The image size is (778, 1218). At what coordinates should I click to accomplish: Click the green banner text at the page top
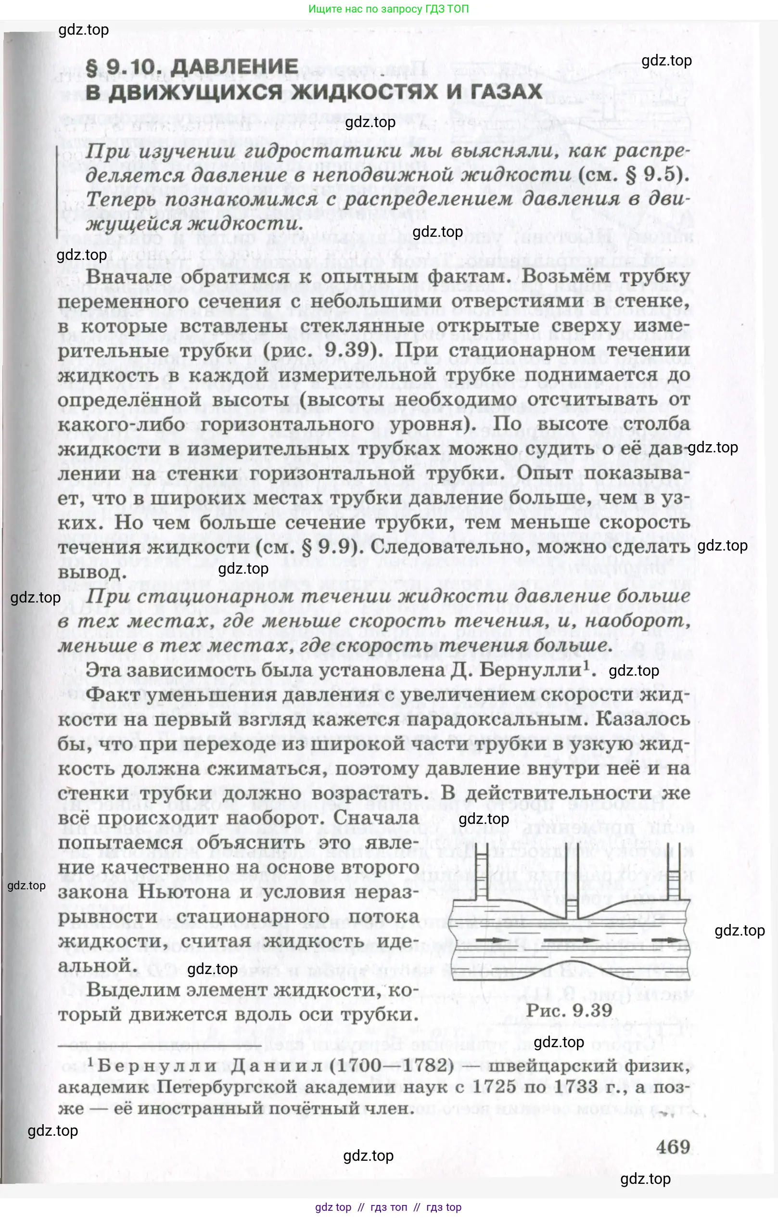(388, 9)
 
